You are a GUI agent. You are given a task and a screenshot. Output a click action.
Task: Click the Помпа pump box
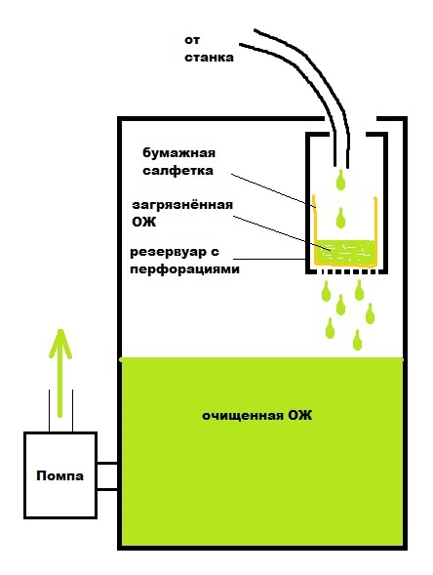point(60,475)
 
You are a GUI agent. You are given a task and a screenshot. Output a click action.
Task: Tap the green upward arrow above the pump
point(60,373)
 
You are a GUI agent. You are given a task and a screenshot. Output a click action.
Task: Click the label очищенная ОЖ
point(257,416)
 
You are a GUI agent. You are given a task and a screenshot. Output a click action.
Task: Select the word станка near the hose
point(209,58)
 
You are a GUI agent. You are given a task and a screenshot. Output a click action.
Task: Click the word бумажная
point(178,152)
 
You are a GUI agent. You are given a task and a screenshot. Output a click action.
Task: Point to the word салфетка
point(177,171)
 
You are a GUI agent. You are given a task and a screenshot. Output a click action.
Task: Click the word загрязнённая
point(182,205)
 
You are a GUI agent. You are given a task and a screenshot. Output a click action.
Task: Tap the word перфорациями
point(184,269)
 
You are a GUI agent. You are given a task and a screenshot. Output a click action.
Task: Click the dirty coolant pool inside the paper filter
point(344,251)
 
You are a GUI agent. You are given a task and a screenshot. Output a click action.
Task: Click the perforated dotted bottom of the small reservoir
point(346,271)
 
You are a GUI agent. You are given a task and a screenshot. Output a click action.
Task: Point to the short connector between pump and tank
point(107,476)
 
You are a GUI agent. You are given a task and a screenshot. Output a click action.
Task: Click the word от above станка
point(192,40)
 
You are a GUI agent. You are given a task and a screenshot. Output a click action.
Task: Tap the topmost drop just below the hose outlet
point(340,180)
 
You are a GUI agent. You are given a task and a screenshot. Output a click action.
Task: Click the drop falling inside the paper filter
point(340,218)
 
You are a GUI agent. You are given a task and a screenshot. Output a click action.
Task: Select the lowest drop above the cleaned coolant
point(357,340)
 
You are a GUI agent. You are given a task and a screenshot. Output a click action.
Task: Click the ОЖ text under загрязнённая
point(144,222)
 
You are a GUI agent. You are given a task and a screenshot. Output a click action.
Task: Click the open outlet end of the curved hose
point(341,164)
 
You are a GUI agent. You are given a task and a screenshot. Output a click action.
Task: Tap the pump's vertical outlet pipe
point(60,411)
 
